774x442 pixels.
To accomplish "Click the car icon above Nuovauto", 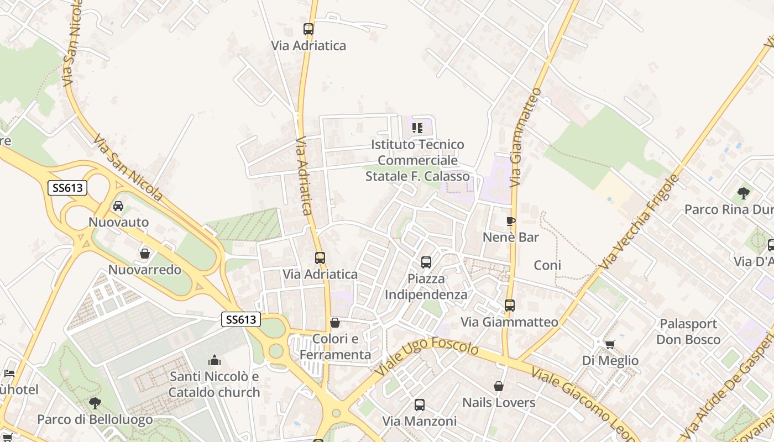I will click(x=118, y=206).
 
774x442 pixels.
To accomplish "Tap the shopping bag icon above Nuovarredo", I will click(x=144, y=254).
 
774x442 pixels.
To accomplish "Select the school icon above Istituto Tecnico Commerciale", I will click(x=417, y=128).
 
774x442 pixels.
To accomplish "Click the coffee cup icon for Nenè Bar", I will click(x=510, y=222).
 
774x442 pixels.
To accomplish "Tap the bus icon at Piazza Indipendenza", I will click(x=426, y=262).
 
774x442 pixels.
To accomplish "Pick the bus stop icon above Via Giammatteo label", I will click(x=509, y=305).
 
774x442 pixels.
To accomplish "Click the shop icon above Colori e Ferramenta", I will click(x=334, y=323).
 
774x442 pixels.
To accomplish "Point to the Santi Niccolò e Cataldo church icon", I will click(x=214, y=361).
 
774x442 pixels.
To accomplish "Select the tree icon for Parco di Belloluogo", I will click(x=95, y=403).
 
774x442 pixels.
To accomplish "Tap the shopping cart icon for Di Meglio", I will click(x=610, y=345).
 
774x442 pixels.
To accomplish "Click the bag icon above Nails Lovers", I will click(x=498, y=386).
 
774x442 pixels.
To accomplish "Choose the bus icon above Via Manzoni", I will click(x=419, y=405).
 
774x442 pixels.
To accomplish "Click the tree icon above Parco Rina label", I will click(x=743, y=193).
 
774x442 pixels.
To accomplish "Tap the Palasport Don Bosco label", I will click(x=688, y=331).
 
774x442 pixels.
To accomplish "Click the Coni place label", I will click(x=547, y=265).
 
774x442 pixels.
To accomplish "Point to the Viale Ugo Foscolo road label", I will click(x=427, y=357).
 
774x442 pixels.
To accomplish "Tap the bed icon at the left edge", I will click(x=9, y=373).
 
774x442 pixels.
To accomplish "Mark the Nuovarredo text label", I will click(x=145, y=270).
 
